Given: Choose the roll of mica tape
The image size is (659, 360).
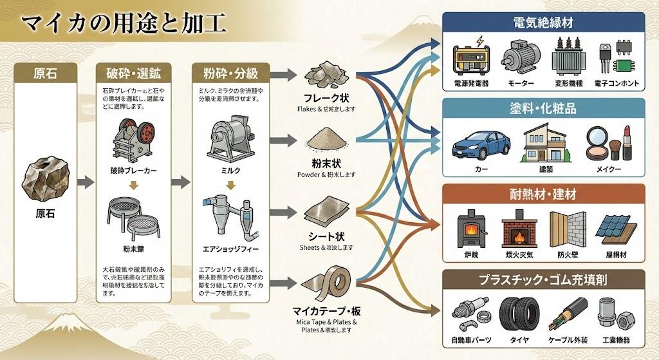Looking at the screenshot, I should (x=328, y=285).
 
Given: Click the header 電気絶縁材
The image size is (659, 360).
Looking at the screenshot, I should (x=544, y=23).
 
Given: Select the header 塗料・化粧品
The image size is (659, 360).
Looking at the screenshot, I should (x=544, y=109).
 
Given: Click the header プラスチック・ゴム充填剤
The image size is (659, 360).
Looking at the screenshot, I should (x=544, y=280).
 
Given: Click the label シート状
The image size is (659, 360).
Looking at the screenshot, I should (x=328, y=236).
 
